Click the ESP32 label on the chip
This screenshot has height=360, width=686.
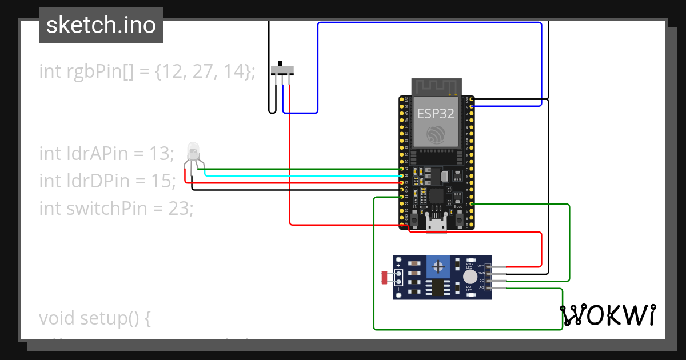coord(436,113)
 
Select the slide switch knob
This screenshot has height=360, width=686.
coord(281,63)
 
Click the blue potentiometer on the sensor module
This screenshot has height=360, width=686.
coord(438,267)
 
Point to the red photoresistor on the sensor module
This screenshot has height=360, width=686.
coord(384,278)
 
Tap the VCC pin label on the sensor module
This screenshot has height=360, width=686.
coord(481,266)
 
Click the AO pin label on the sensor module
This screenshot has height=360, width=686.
coord(481,287)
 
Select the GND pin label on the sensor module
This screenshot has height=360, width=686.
coord(481,273)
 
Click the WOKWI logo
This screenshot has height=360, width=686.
coord(607,315)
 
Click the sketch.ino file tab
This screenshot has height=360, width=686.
coord(101,25)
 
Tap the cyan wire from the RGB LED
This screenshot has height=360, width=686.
coord(297,175)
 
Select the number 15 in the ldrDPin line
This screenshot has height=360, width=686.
coord(163,181)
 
